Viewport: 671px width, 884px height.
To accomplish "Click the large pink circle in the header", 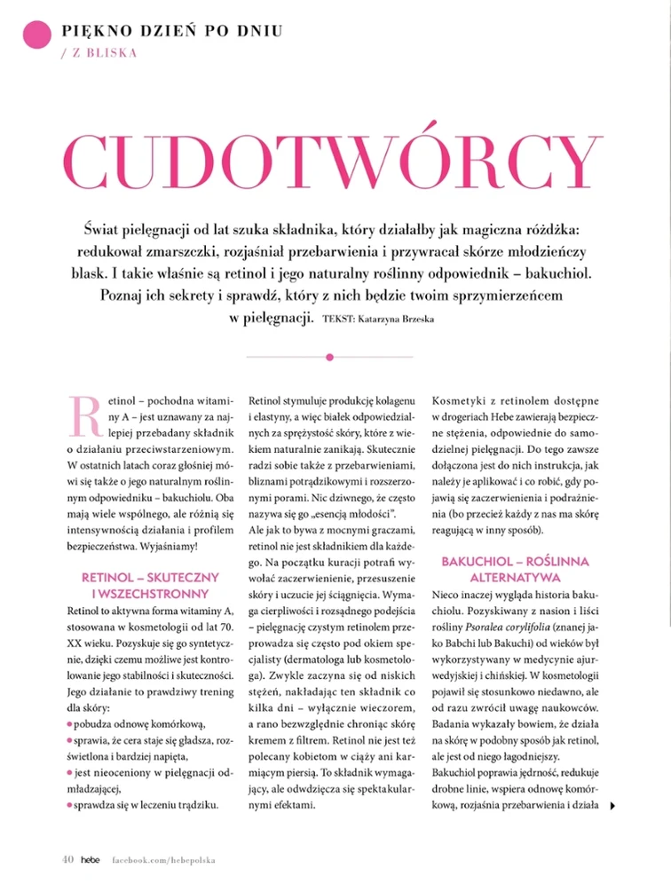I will [x=36, y=36].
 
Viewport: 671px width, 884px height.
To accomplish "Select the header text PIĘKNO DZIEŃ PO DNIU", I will [x=173, y=31].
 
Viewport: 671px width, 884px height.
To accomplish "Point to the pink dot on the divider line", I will [x=329, y=357].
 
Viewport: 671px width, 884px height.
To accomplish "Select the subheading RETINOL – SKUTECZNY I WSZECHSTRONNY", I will [x=145, y=587].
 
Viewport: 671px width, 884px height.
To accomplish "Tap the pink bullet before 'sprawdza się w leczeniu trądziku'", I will [x=70, y=805].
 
